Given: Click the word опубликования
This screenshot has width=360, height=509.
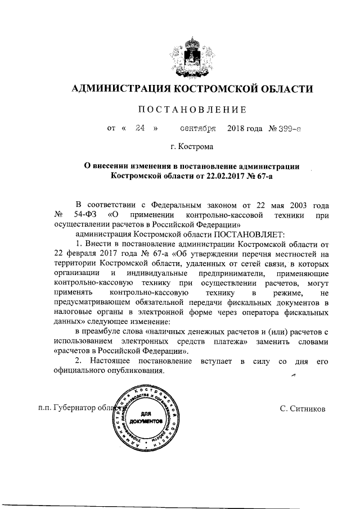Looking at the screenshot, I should pyautogui.click(x=137, y=371).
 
